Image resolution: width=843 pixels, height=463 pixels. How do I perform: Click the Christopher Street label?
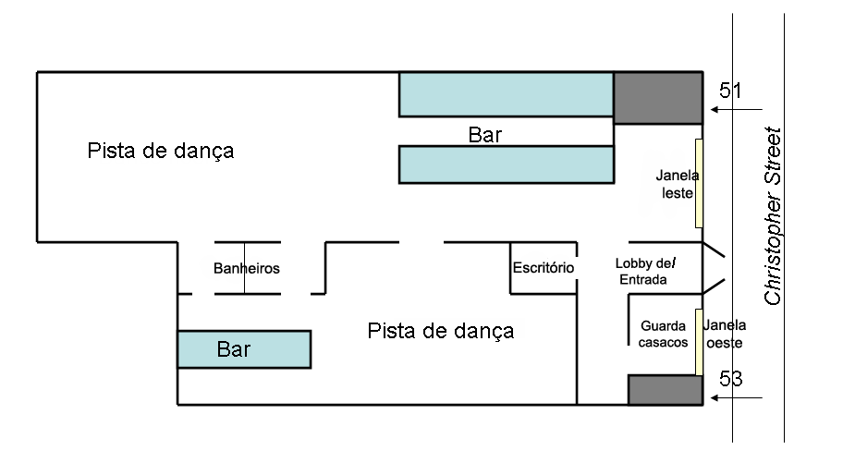click(x=772, y=216)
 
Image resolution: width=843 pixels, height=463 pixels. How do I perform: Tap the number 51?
click(x=730, y=91)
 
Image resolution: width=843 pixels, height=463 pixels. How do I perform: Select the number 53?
click(x=730, y=379)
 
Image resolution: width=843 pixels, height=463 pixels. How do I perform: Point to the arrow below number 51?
click(x=736, y=110)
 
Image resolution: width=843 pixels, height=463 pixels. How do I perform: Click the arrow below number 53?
click(x=736, y=398)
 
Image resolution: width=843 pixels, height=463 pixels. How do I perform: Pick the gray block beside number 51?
click(x=658, y=98)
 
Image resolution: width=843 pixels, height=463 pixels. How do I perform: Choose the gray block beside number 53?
click(x=666, y=390)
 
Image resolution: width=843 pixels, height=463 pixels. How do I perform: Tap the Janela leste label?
click(x=677, y=184)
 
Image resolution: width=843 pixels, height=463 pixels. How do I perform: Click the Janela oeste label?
click(x=724, y=334)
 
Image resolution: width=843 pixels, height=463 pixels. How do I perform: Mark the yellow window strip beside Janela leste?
click(x=699, y=183)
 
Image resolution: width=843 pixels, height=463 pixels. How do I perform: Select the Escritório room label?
click(x=543, y=267)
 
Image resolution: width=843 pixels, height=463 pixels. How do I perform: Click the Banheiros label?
click(x=246, y=268)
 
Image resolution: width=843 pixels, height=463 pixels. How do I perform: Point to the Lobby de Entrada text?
click(x=645, y=271)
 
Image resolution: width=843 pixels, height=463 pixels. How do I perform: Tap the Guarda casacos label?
click(x=663, y=334)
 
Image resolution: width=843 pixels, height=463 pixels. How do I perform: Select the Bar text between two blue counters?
click(x=485, y=134)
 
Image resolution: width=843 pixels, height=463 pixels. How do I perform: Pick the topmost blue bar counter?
click(x=506, y=94)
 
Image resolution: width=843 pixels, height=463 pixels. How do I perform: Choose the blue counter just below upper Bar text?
click(x=507, y=164)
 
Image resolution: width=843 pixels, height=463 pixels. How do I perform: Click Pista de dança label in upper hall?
click(x=160, y=152)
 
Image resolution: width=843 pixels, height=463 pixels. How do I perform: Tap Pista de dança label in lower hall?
click(x=440, y=331)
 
